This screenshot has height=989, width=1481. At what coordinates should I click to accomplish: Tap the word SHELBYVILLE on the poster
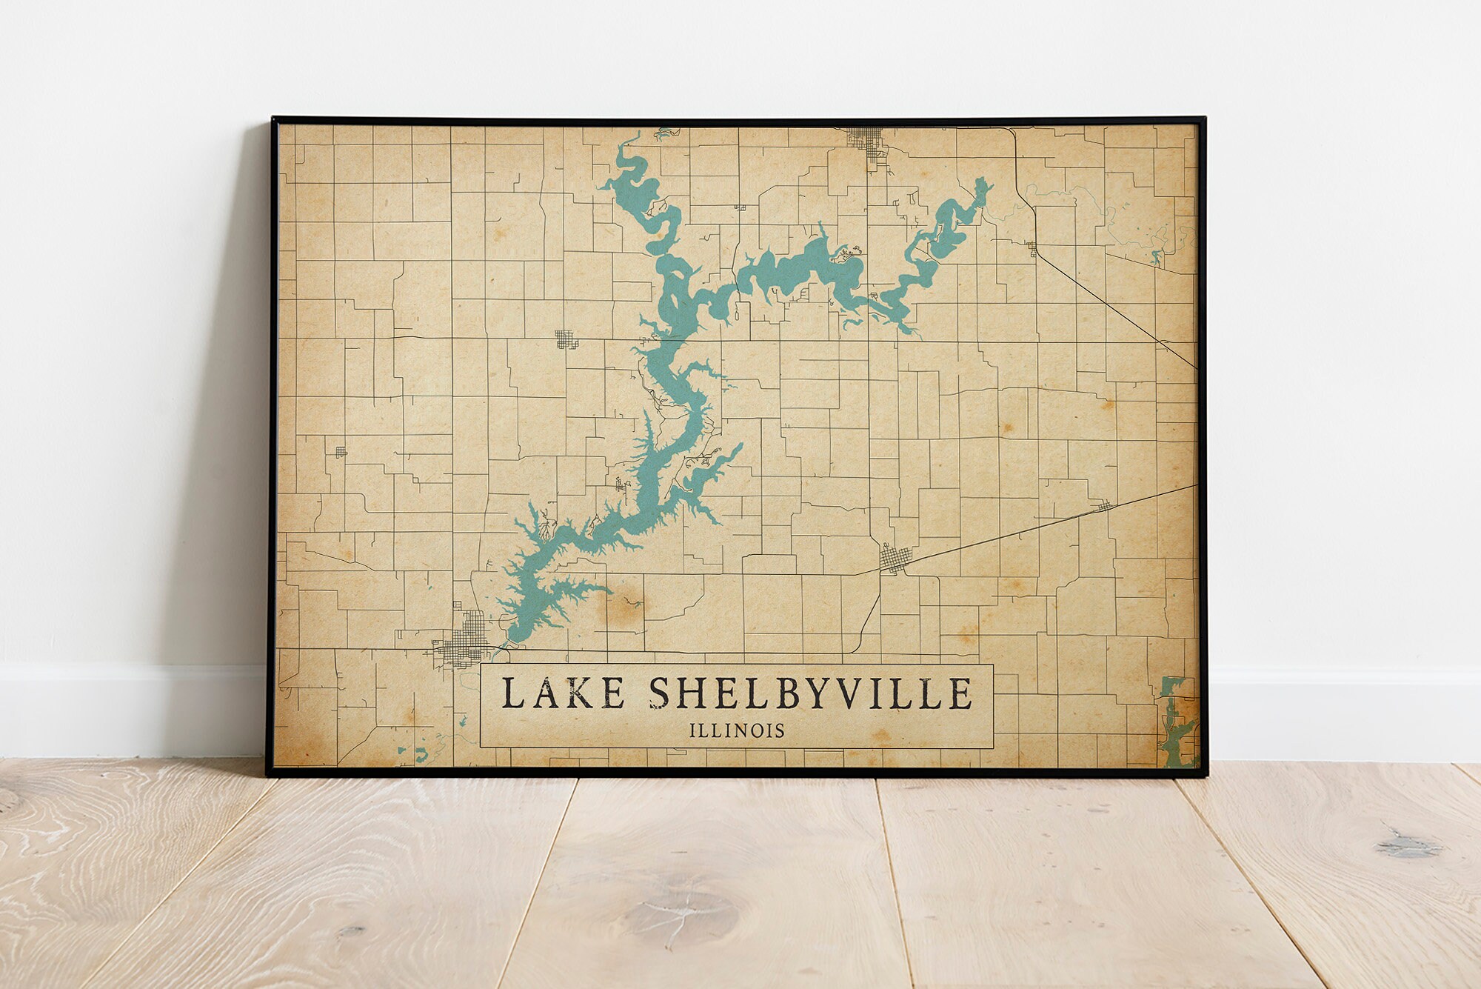pyautogui.click(x=810, y=693)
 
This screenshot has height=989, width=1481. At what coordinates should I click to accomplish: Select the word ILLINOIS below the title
pyautogui.click(x=737, y=731)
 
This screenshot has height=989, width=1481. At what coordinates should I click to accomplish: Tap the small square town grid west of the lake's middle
pyautogui.click(x=565, y=339)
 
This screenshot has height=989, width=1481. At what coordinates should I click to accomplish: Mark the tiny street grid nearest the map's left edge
pyautogui.click(x=340, y=451)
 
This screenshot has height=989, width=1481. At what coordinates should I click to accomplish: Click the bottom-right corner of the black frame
pyautogui.click(x=1206, y=774)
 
